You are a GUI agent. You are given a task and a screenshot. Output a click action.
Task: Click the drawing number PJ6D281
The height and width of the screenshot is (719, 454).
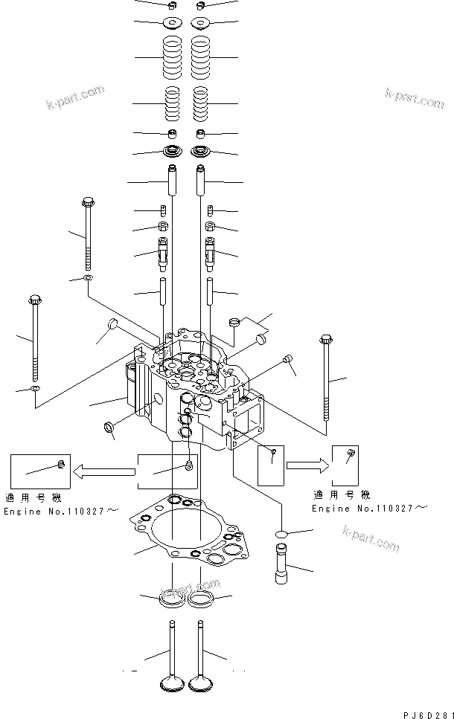pos(428,714)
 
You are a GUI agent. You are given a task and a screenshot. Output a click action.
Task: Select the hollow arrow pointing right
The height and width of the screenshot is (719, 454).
pos(307,465)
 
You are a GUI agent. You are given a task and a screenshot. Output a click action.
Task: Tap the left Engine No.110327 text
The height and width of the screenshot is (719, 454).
pos(60,512)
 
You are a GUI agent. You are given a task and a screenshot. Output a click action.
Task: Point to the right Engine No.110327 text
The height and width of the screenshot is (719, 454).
pos(369,508)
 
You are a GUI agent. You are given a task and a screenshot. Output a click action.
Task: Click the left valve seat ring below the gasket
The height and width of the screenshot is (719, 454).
pos(173,598)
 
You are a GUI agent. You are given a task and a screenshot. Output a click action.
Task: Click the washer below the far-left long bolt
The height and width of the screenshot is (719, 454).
pos(34,388)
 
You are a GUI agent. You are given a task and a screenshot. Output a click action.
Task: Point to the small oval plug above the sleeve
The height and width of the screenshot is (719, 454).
pos(282,534)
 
